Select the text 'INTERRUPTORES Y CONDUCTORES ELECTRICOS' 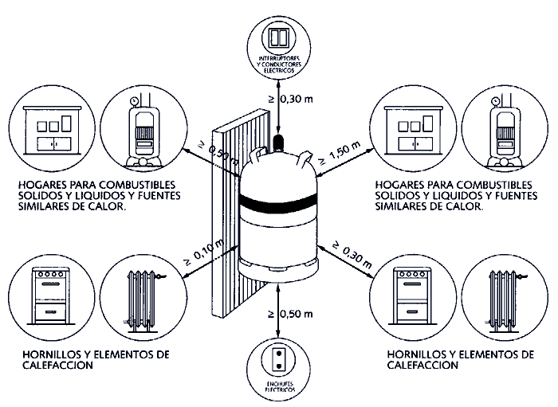click(x=278, y=65)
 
